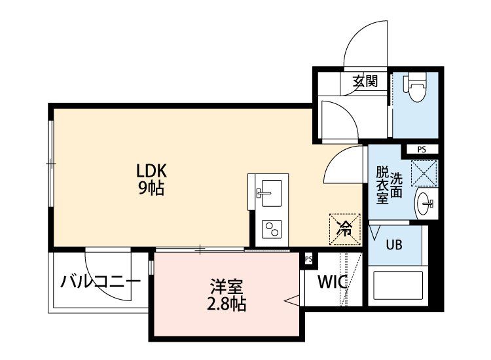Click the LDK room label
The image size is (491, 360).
tap(152, 171)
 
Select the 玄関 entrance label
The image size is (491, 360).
tap(365, 82)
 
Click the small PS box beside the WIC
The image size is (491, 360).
tap(308, 259)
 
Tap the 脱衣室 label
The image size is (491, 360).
tap(382, 185)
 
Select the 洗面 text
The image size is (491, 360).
tap(397, 185)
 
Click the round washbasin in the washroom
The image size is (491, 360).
tap(426, 204)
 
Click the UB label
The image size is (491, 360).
tap(393, 245)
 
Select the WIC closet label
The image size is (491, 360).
tap(332, 283)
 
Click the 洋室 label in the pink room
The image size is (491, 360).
tap(227, 287)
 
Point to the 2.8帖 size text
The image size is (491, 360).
tap(227, 304)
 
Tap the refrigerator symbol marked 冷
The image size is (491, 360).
tap(344, 228)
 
